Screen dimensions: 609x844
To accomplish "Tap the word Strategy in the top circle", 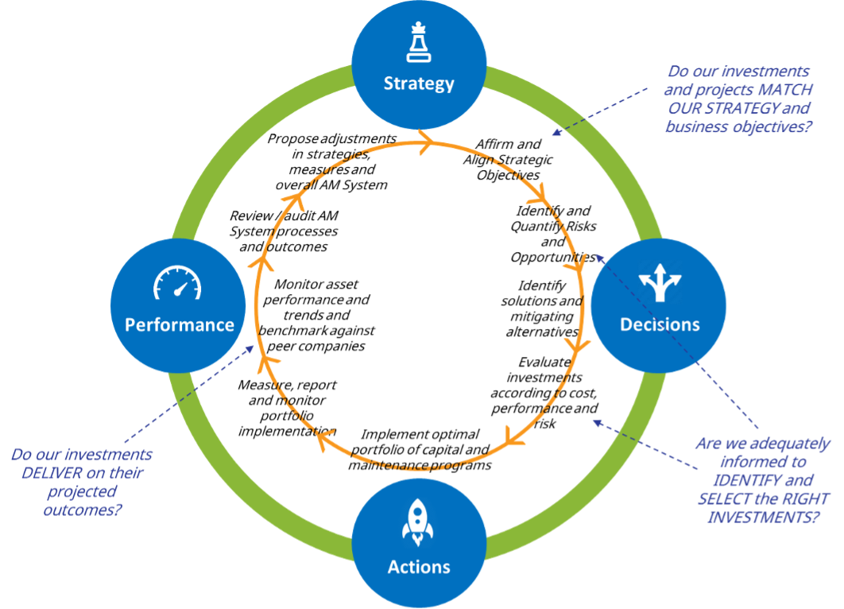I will pyautogui.click(x=419, y=83).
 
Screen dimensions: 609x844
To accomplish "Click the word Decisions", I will pyautogui.click(x=660, y=324).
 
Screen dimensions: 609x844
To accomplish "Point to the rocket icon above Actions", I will pyautogui.click(x=418, y=522).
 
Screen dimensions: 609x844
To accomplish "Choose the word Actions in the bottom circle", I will pyautogui.click(x=419, y=567).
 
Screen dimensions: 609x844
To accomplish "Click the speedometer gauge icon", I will pyautogui.click(x=178, y=283).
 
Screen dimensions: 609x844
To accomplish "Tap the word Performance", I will pyautogui.click(x=180, y=324).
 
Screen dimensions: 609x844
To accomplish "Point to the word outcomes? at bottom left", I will pyautogui.click(x=83, y=509).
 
